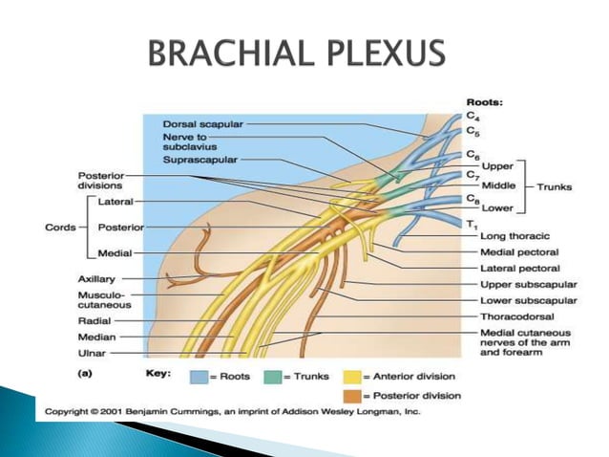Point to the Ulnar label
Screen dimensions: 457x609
[92, 352]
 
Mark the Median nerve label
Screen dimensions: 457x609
[96, 337]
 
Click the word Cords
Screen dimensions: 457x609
[63, 228]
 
